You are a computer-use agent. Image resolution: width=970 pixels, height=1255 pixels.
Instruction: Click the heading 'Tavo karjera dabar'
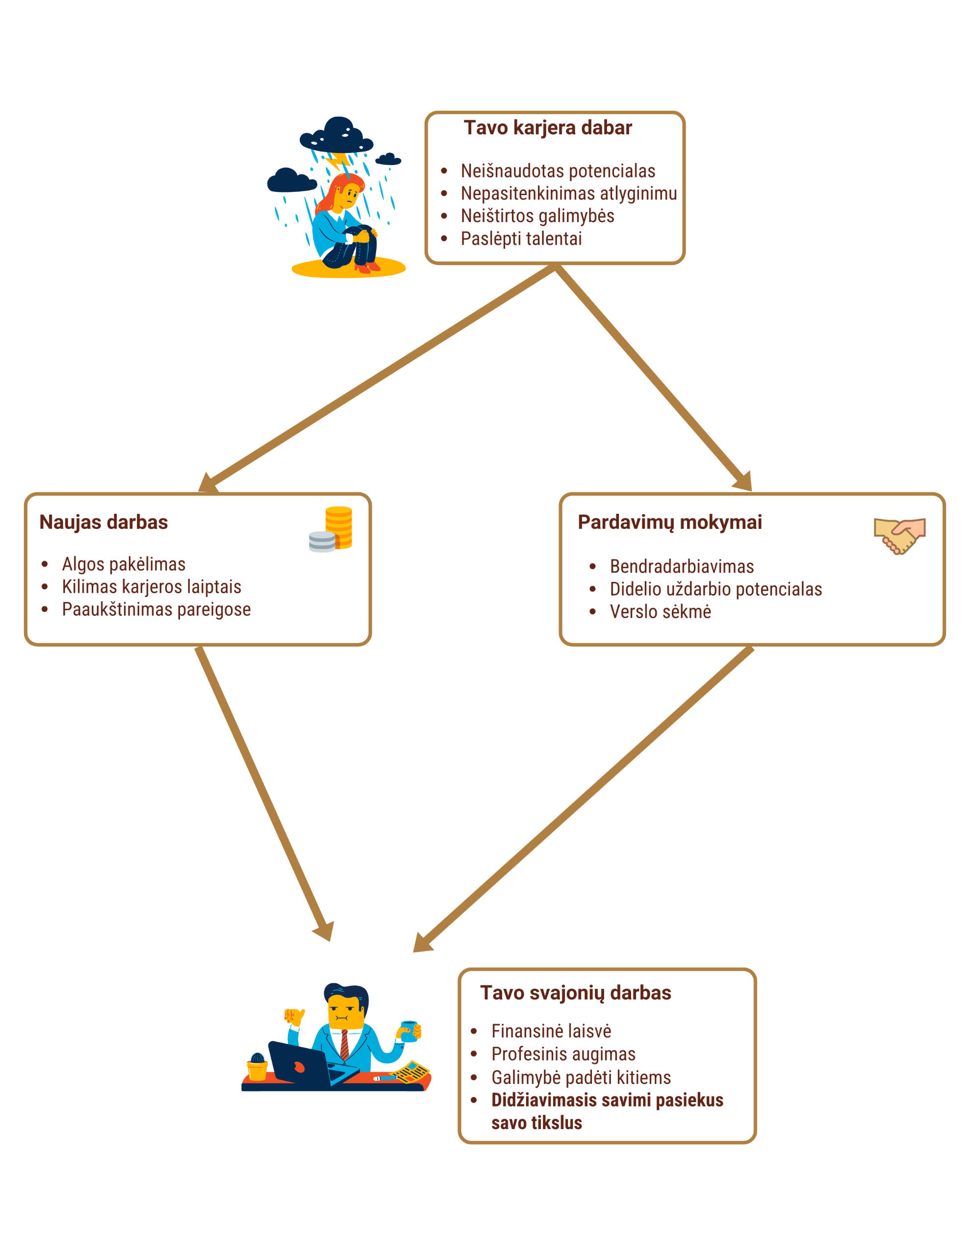click(x=547, y=127)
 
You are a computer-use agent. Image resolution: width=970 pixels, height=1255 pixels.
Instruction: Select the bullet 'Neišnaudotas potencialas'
click(x=558, y=171)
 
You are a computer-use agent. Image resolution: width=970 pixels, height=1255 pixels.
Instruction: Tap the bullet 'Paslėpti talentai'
click(x=521, y=238)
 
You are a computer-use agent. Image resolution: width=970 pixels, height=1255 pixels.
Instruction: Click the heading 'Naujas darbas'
click(x=103, y=522)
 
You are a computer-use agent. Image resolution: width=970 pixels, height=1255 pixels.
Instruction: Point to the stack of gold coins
click(x=339, y=527)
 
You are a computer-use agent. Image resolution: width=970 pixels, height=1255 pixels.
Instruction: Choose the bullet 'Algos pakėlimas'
click(x=124, y=564)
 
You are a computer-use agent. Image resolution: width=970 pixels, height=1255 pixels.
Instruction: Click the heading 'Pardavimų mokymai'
click(x=669, y=522)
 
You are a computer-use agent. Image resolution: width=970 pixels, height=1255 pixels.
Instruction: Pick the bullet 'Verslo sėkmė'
click(x=660, y=611)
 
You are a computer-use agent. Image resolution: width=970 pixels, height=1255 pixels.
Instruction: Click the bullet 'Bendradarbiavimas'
click(x=681, y=566)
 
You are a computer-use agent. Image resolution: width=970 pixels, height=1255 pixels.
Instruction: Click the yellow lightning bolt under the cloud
click(x=339, y=160)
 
